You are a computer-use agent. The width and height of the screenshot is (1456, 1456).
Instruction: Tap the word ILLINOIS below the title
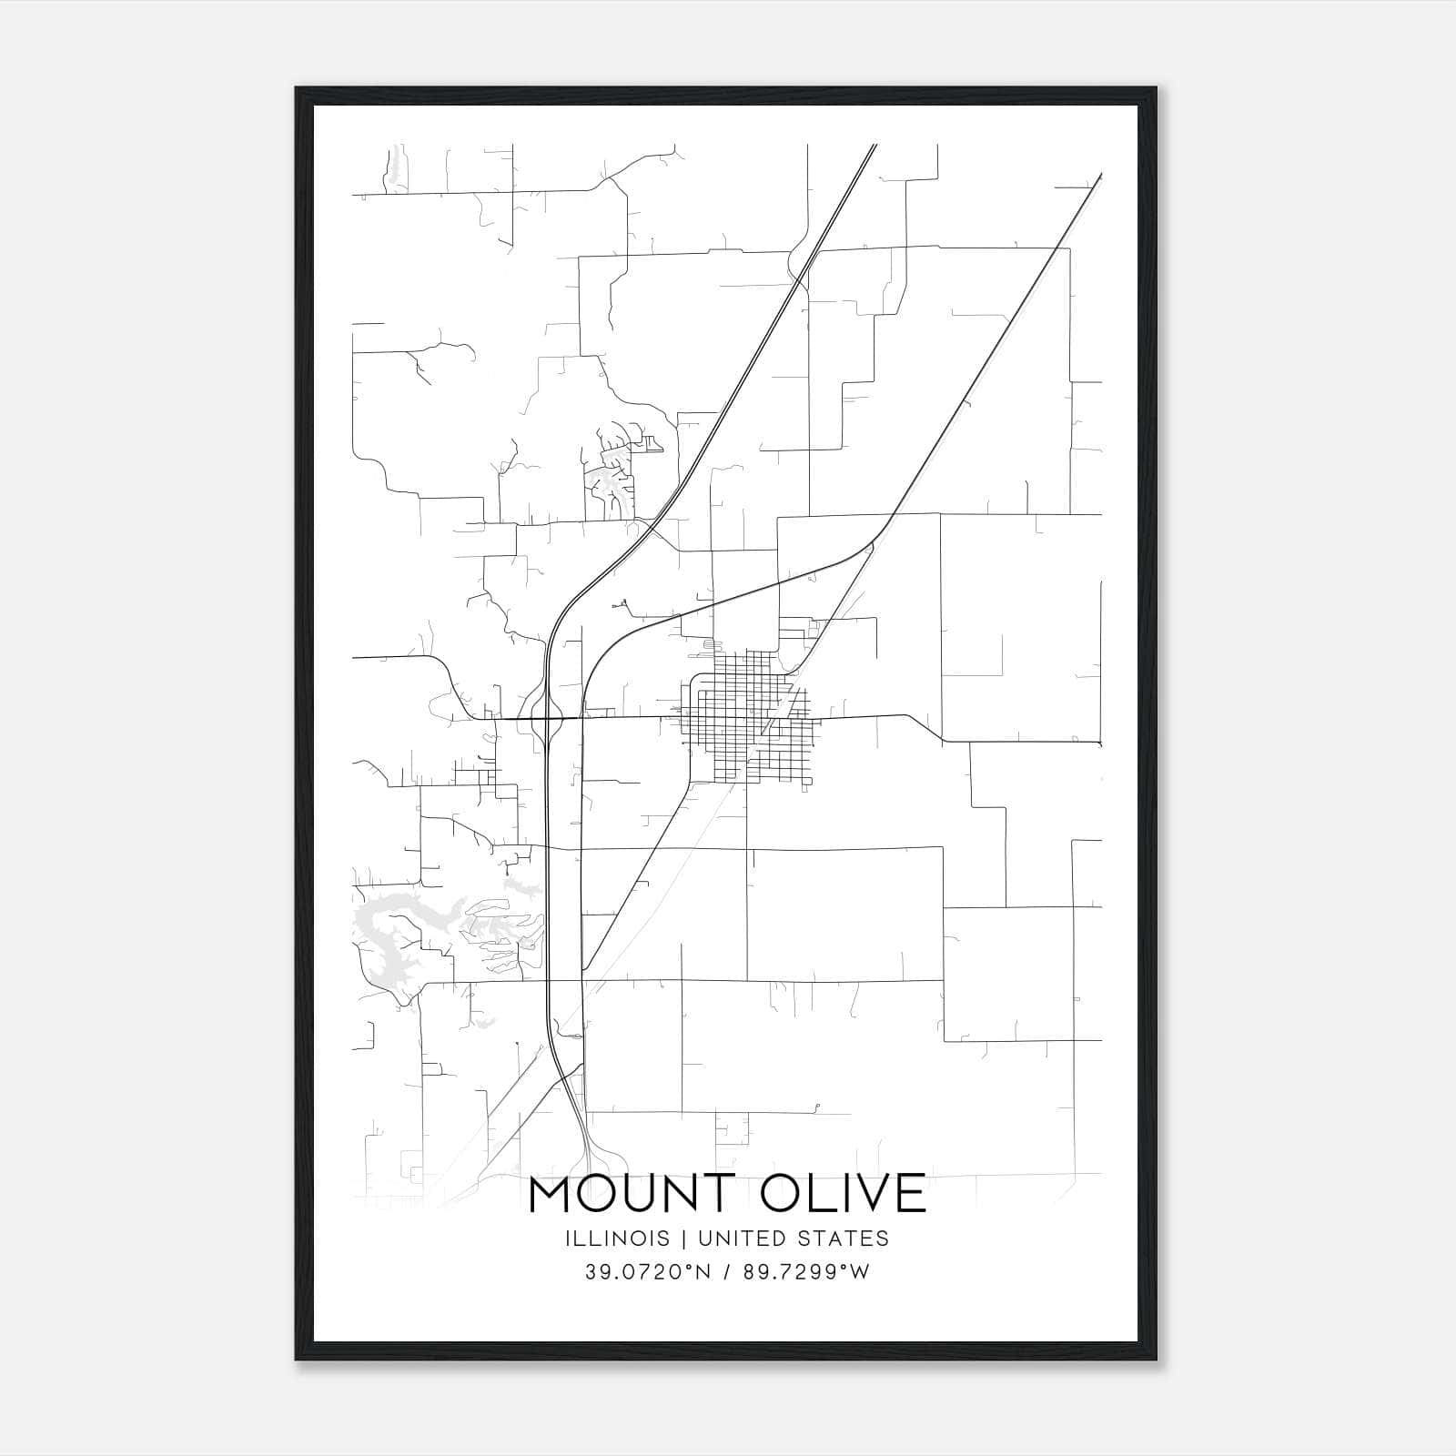point(617,1239)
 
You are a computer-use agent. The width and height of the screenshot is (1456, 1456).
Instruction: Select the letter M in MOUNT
point(552,1194)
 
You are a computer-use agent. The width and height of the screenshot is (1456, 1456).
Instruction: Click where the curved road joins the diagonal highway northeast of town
point(872,544)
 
